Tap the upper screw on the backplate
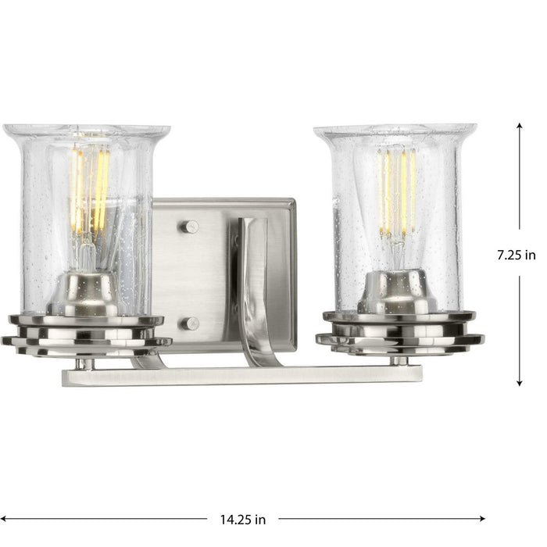coord(190,227)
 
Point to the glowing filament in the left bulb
coord(90,188)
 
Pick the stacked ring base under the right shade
coord(399,332)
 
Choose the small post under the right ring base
coord(399,359)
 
